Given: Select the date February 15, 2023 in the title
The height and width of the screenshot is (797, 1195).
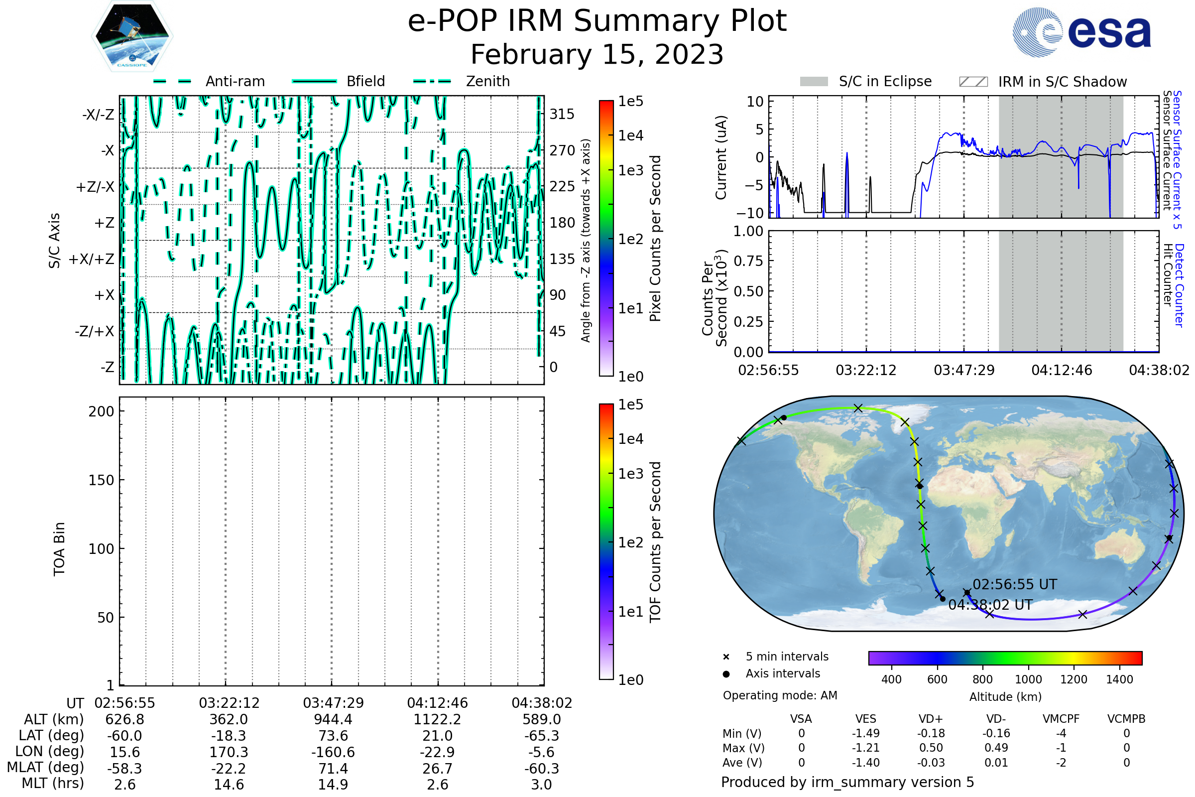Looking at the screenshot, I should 597,54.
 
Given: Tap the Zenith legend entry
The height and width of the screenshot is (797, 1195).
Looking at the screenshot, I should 487,81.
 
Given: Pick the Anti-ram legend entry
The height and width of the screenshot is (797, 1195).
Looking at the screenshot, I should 235,81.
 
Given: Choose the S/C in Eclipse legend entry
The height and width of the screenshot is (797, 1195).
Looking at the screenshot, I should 885,81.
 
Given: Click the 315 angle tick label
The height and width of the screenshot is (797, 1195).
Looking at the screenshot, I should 562,114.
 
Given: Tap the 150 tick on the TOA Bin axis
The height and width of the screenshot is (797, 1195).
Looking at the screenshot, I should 101,480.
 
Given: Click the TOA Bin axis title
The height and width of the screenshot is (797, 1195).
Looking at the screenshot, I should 59,548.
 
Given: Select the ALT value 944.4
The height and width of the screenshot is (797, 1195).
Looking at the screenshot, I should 333,719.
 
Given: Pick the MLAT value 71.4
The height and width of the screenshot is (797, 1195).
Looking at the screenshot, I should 333,768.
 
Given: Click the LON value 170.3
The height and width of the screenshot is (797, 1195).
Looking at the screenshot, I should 229,752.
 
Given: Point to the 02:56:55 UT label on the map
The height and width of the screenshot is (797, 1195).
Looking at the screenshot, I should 1014,584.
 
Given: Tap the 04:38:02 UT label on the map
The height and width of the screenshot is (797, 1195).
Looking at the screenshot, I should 990,605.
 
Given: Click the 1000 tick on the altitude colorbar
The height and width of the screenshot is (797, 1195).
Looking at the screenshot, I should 1028,679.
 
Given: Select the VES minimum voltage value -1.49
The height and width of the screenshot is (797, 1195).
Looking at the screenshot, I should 865,733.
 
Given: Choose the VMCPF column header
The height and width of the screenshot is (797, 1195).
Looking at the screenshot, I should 1061,719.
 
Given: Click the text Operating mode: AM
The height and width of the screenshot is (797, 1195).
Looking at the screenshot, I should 780,695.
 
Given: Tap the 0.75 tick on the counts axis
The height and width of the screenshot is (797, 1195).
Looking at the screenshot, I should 748,261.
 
